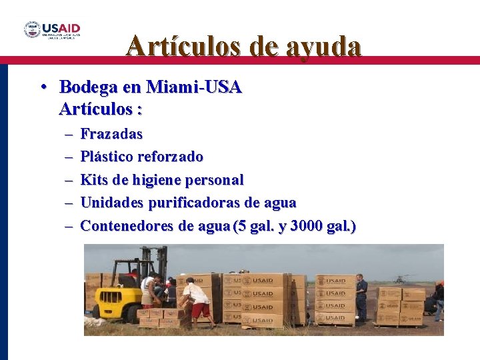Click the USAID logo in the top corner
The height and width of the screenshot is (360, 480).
click(53, 30)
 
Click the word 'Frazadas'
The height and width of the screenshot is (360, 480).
click(111, 134)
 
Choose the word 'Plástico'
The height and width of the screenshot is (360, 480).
click(107, 157)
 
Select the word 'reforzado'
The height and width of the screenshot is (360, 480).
click(171, 157)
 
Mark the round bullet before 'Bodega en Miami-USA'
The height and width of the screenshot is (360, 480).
click(42, 87)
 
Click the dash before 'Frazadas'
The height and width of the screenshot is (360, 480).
click(69, 135)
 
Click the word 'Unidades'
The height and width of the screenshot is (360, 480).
click(113, 202)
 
